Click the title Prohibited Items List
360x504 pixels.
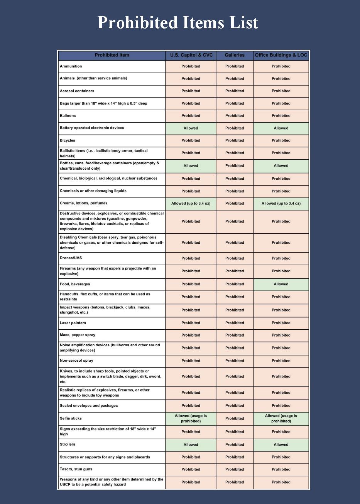178,22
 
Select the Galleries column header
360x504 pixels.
235,55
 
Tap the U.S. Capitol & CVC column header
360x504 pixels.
191,55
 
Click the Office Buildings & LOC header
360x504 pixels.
281,55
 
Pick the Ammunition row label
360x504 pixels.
71,66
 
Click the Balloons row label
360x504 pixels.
68,116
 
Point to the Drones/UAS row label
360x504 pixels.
71,258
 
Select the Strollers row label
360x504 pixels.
68,444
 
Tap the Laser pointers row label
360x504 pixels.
73,323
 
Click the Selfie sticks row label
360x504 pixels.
71,418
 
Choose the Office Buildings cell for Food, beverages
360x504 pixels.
281,284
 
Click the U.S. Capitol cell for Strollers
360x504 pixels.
191,445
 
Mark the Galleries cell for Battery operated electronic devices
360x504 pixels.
235,128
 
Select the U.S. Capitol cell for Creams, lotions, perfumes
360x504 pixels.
191,203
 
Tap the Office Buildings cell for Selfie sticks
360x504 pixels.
281,418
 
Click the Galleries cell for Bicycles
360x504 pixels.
235,140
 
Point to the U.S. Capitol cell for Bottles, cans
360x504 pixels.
191,166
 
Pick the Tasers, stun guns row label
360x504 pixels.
76,469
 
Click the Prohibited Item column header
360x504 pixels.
112,55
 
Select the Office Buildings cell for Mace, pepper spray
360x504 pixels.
281,335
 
